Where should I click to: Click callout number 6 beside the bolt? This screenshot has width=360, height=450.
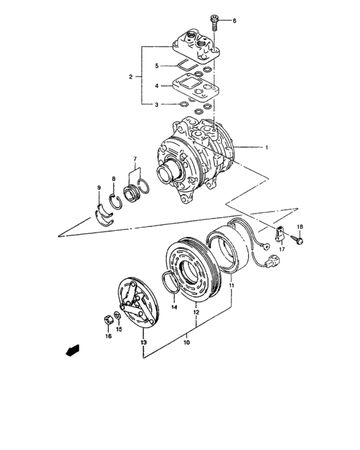tap(235, 21)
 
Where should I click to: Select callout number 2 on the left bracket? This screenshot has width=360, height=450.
tap(130, 77)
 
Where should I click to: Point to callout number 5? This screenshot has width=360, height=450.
tap(156, 66)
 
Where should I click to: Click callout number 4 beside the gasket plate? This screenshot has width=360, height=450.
tap(156, 85)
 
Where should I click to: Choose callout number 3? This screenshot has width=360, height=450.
tap(156, 104)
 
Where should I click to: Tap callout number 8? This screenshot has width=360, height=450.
tap(114, 179)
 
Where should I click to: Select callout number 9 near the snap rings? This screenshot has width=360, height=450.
tap(99, 188)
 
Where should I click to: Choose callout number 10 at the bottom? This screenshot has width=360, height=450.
tap(187, 343)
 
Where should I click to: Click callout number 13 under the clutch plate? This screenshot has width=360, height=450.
tap(143, 343)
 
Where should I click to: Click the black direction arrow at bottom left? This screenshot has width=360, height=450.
tap(73, 350)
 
